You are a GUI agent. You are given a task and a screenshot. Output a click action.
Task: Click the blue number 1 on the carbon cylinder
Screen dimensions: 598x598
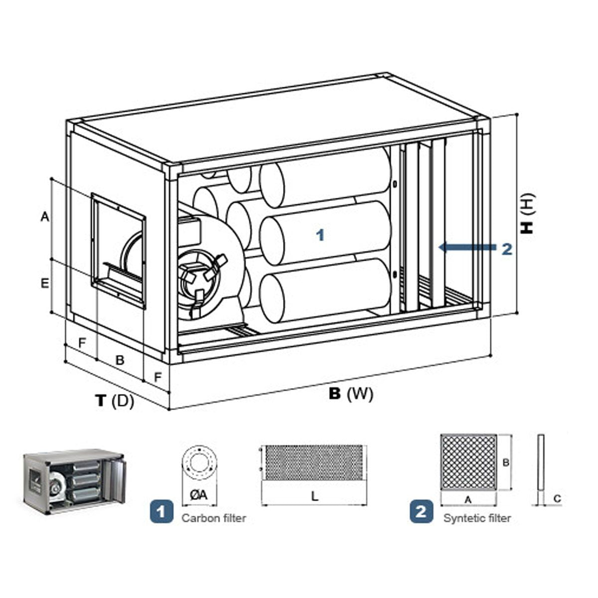(x=320, y=235)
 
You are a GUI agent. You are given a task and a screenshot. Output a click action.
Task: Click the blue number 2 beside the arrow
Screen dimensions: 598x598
(x=507, y=249)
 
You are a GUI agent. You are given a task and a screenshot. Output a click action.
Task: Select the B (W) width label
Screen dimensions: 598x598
(x=351, y=394)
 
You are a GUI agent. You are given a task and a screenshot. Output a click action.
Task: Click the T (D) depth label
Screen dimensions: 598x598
(x=115, y=400)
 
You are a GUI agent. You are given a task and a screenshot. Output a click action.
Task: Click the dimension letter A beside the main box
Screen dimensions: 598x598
(x=44, y=217)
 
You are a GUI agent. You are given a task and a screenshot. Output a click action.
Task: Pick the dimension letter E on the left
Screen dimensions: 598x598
(x=44, y=284)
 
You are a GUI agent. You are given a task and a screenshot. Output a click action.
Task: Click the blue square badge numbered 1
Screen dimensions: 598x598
(x=161, y=512)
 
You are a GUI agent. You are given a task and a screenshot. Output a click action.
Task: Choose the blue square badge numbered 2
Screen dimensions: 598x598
(x=421, y=512)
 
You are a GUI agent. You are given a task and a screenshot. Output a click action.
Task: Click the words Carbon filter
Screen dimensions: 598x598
(x=214, y=518)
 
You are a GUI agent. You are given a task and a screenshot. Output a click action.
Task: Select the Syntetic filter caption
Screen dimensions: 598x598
(x=477, y=518)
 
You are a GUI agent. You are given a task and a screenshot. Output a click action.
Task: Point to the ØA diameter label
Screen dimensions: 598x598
(x=198, y=495)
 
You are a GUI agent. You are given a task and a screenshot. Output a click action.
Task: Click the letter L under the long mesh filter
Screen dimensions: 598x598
(x=314, y=496)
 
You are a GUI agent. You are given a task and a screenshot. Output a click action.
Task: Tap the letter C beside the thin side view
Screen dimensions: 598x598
(x=558, y=498)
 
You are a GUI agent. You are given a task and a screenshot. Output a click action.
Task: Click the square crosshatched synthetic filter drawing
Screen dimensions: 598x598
(x=468, y=462)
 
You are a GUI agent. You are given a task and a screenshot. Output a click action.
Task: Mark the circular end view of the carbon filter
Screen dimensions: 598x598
(x=198, y=461)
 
